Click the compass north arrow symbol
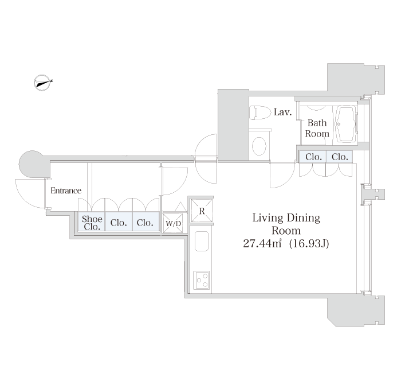tap(42, 83)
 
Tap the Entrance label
tap(66, 191)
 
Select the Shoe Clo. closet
tap(92, 222)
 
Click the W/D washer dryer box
tap(173, 223)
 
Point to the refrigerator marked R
tap(202, 211)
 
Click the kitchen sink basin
tap(202, 241)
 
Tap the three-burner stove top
tap(202, 280)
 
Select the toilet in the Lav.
tap(260, 112)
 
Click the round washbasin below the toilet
tap(259, 146)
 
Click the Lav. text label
tap(282, 112)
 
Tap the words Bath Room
tap(317, 129)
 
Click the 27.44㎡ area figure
tap(262, 243)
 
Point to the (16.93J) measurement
tap(309, 243)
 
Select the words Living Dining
tap(286, 218)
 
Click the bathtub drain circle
tap(339, 124)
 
